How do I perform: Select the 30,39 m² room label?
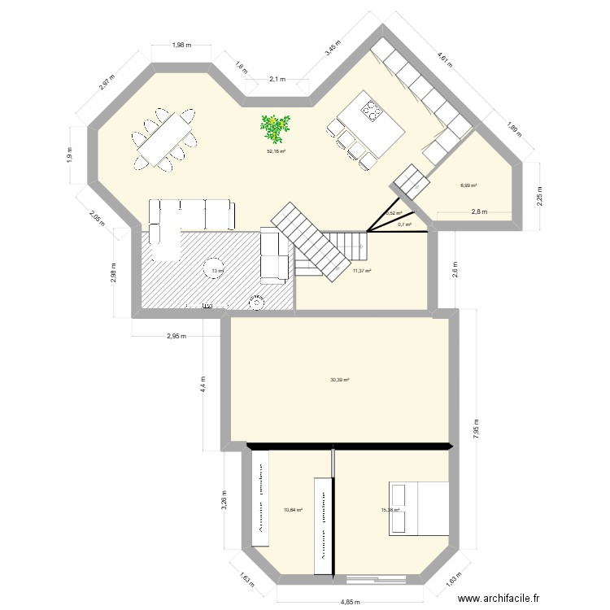pyautogui.click(x=340, y=379)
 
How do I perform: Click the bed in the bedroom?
pyautogui.click(x=419, y=508)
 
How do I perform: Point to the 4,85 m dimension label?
pyautogui.click(x=351, y=603)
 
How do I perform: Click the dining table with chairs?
pyautogui.click(x=165, y=139)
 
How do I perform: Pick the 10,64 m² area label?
pyautogui.click(x=293, y=511)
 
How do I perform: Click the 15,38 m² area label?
pyautogui.click(x=390, y=511)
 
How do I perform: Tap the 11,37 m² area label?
pyautogui.click(x=362, y=271)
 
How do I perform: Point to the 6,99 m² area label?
pyautogui.click(x=468, y=185)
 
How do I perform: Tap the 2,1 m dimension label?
pyautogui.click(x=277, y=79)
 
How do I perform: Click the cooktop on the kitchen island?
pyautogui.click(x=373, y=110)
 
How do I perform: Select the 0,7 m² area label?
pyautogui.click(x=404, y=224)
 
